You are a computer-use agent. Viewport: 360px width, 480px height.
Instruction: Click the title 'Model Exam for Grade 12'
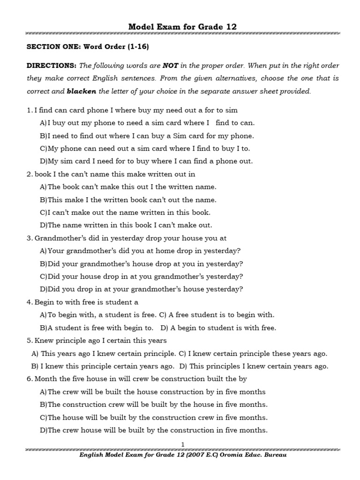click(182, 27)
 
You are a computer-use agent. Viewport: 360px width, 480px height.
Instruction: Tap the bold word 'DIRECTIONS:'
click(51, 66)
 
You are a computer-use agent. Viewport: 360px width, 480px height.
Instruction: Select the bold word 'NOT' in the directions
click(170, 66)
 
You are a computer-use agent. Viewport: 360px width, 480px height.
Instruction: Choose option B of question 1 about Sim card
click(147, 135)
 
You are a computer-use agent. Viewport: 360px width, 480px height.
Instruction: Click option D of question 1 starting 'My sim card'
click(146, 161)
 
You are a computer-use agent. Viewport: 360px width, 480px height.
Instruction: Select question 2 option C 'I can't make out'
click(125, 212)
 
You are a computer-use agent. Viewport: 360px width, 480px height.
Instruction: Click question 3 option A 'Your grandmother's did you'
click(140, 251)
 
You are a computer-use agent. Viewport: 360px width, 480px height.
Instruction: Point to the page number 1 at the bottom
click(183, 444)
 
